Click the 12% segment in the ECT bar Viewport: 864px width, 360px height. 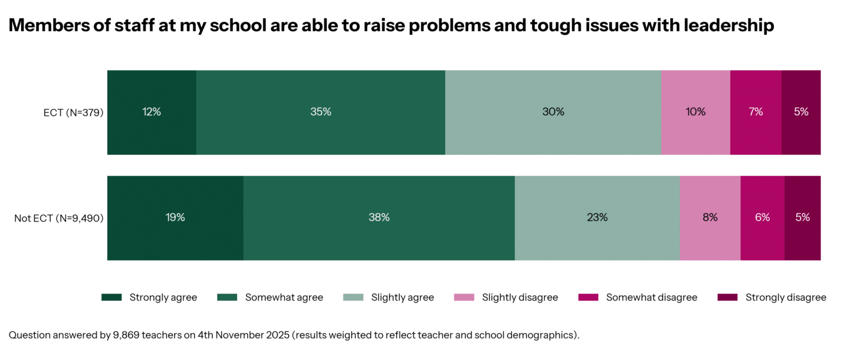152,112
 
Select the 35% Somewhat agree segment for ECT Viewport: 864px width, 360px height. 320,112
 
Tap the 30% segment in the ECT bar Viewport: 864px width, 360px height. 553,112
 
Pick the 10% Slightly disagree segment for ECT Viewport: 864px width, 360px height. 695,112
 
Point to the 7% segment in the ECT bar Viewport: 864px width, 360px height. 755,112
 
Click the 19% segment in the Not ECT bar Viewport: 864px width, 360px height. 175,218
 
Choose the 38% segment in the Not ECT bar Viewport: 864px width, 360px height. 379,218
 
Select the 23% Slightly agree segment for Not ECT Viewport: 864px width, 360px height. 597,218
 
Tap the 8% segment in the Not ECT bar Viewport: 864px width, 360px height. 710,218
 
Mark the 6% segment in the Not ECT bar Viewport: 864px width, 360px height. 762,218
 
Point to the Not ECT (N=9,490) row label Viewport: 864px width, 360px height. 59,218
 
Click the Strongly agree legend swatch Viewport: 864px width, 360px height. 112,298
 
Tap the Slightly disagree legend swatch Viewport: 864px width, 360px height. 464,298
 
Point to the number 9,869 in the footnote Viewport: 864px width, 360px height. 127,335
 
